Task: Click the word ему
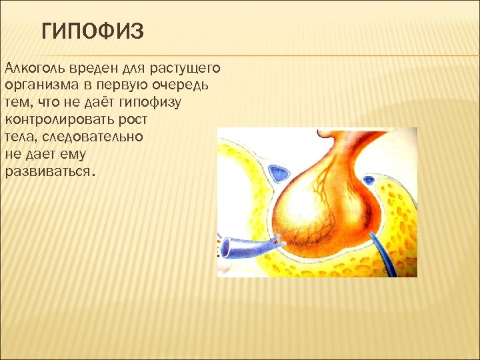point(83,155)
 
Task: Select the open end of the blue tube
point(227,249)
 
